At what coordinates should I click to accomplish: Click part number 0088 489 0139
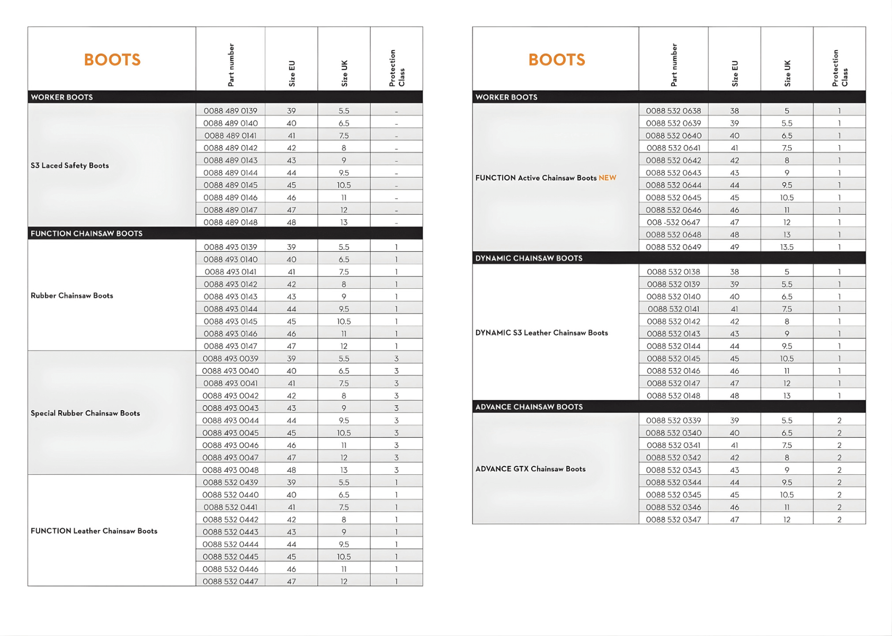click(230, 111)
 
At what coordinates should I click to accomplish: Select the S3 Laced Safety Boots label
click(69, 165)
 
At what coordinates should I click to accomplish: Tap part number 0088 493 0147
click(230, 346)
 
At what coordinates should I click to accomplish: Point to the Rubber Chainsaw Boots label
click(72, 296)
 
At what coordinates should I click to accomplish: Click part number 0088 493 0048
click(230, 470)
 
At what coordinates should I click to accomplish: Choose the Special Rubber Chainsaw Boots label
click(85, 413)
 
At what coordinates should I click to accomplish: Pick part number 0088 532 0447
click(230, 581)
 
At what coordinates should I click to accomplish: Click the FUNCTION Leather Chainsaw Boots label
click(94, 531)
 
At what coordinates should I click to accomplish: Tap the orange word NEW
click(607, 178)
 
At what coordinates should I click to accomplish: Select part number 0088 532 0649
click(673, 247)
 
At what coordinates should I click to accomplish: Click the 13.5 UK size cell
click(787, 247)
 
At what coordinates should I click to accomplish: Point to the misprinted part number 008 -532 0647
click(673, 223)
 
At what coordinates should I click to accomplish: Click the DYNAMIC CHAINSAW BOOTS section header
click(529, 258)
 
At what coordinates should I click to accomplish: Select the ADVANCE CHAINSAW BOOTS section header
click(529, 407)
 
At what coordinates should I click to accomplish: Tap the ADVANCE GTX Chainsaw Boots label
click(530, 469)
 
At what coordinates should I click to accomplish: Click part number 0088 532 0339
click(673, 420)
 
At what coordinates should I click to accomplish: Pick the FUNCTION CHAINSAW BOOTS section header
click(86, 233)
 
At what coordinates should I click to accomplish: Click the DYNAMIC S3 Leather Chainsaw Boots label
click(541, 333)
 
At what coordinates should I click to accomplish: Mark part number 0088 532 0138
click(673, 272)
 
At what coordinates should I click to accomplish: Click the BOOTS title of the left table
click(112, 59)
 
